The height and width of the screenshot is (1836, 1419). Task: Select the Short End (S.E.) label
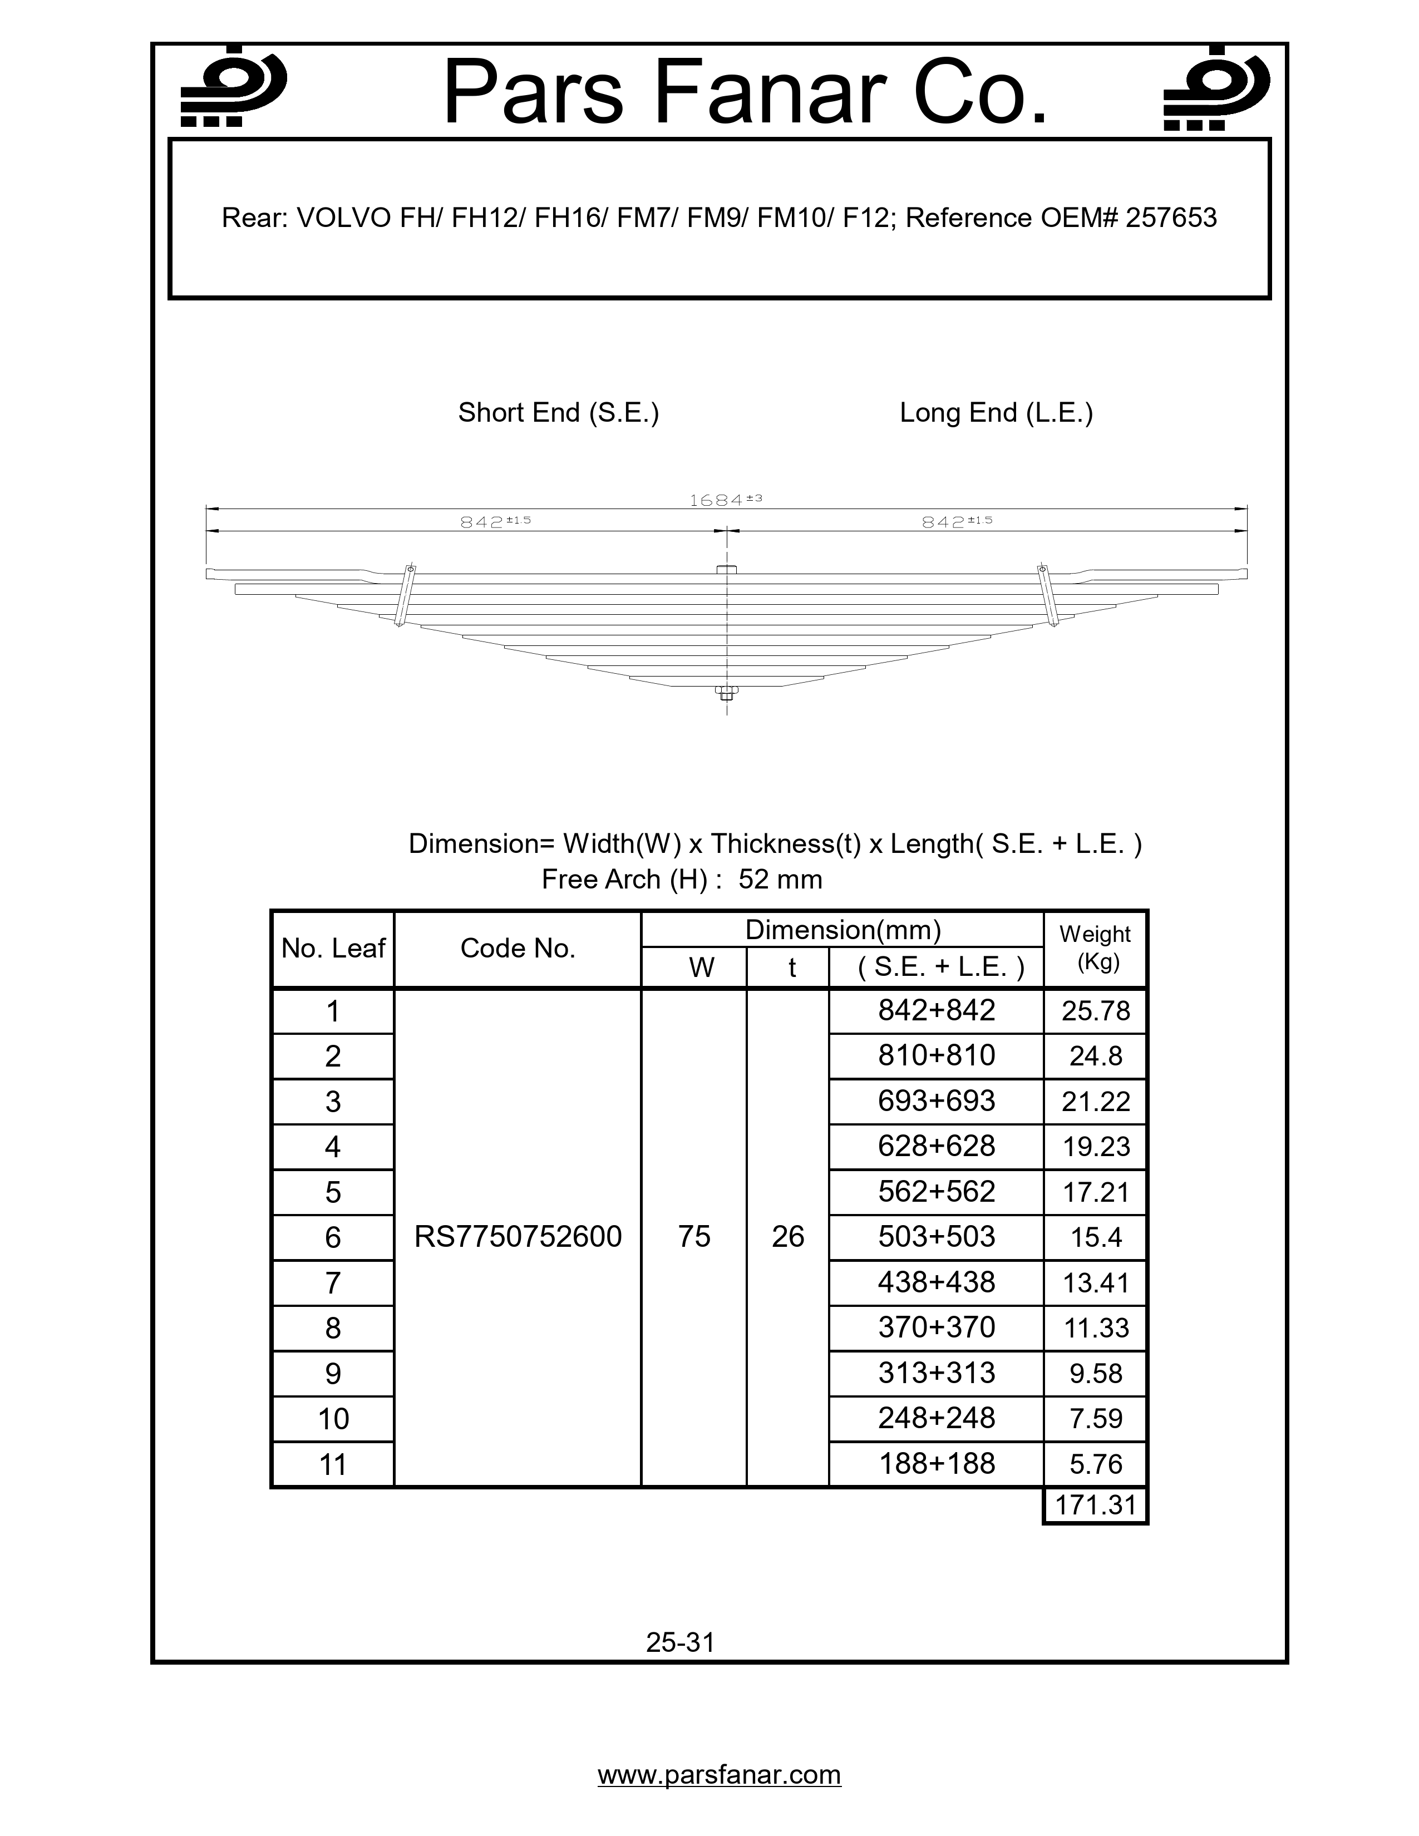coord(558,413)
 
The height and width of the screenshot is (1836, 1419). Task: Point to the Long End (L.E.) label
coord(996,413)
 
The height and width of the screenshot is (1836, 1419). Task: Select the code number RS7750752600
coord(518,1237)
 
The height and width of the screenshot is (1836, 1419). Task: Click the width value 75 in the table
coord(694,1237)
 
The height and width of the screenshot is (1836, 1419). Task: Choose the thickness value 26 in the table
coord(787,1237)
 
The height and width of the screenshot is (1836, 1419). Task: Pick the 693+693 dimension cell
coord(937,1101)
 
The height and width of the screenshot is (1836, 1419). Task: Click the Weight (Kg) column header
coord(1095,948)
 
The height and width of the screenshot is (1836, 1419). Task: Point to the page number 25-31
coord(680,1642)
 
